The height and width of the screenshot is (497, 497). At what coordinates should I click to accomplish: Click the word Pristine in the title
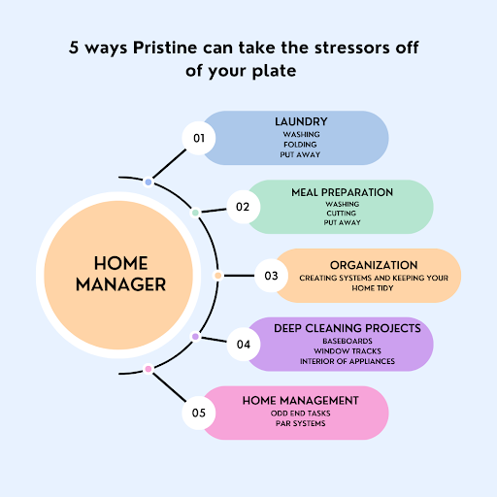pyautogui.click(x=165, y=48)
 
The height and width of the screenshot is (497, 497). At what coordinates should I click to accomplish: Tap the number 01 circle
pyautogui.click(x=199, y=138)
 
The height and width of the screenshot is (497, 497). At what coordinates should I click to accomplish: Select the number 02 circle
pyautogui.click(x=243, y=207)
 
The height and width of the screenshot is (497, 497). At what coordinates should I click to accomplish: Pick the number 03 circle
pyautogui.click(x=271, y=276)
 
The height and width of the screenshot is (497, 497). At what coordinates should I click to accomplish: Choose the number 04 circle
pyautogui.click(x=244, y=344)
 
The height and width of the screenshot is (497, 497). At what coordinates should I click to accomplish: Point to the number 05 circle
pyautogui.click(x=199, y=413)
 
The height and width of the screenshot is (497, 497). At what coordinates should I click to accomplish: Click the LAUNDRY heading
pyautogui.click(x=301, y=121)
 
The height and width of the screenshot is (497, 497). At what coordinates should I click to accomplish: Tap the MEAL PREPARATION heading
pyautogui.click(x=342, y=192)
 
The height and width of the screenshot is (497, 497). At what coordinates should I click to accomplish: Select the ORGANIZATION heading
pyautogui.click(x=374, y=265)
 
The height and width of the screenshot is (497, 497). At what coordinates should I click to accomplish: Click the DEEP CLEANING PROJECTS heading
pyautogui.click(x=348, y=328)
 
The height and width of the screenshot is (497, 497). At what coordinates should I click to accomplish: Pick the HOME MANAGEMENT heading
pyautogui.click(x=301, y=401)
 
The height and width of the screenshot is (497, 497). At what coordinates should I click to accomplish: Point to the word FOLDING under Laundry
pyautogui.click(x=300, y=145)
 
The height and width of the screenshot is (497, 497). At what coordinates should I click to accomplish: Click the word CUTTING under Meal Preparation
pyautogui.click(x=342, y=214)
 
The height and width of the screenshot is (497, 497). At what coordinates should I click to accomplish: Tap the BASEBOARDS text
pyautogui.click(x=348, y=341)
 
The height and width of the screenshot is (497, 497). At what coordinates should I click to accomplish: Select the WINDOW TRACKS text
pyautogui.click(x=348, y=351)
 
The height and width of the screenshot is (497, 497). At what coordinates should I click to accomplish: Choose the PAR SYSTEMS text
pyautogui.click(x=301, y=423)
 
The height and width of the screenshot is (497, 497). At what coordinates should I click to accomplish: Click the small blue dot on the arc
pyautogui.click(x=149, y=182)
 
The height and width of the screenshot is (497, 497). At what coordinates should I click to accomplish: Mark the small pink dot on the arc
pyautogui.click(x=149, y=369)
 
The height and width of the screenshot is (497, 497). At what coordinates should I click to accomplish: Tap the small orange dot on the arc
pyautogui.click(x=217, y=276)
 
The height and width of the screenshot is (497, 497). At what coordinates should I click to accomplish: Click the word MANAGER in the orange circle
pyautogui.click(x=120, y=284)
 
